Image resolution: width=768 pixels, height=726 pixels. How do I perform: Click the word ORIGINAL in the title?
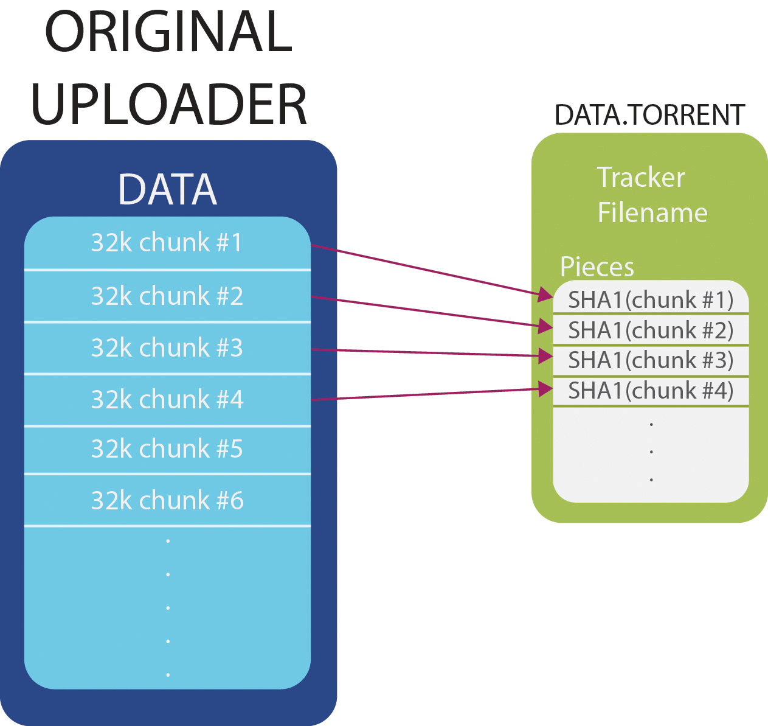pos(168,32)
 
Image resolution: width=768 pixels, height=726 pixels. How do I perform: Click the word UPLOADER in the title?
pos(168,105)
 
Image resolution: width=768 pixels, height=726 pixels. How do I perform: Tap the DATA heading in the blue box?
pos(167,189)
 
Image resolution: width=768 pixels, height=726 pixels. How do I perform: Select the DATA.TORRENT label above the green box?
pos(649,115)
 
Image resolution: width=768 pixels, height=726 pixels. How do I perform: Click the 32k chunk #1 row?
pos(167,243)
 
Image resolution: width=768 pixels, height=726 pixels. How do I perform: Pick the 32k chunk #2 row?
pos(167,296)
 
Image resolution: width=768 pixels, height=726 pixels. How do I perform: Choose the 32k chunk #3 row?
pos(167,348)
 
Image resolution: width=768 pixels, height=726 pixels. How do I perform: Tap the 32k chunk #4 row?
pos(167,400)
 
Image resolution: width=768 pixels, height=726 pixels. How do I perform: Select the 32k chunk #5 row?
pos(167,449)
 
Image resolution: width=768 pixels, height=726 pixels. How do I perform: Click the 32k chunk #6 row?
pos(167,501)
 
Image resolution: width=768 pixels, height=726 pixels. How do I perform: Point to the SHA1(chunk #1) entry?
pos(651,299)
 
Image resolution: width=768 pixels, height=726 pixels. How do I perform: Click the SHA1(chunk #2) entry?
pos(651,330)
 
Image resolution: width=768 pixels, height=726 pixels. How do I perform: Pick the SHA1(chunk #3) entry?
pos(651,360)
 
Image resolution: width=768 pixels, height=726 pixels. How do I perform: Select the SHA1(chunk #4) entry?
pos(651,390)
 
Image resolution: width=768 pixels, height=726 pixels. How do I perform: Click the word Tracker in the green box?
pos(641,178)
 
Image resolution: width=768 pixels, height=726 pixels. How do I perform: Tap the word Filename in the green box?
pos(652,213)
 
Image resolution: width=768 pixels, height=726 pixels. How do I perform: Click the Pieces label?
pos(597,267)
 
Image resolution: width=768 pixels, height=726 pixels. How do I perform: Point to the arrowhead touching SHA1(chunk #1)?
pos(545,295)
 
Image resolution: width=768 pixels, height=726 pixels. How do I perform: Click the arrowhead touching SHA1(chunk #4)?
pos(545,388)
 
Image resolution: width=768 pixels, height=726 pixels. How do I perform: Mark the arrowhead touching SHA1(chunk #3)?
pos(545,356)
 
